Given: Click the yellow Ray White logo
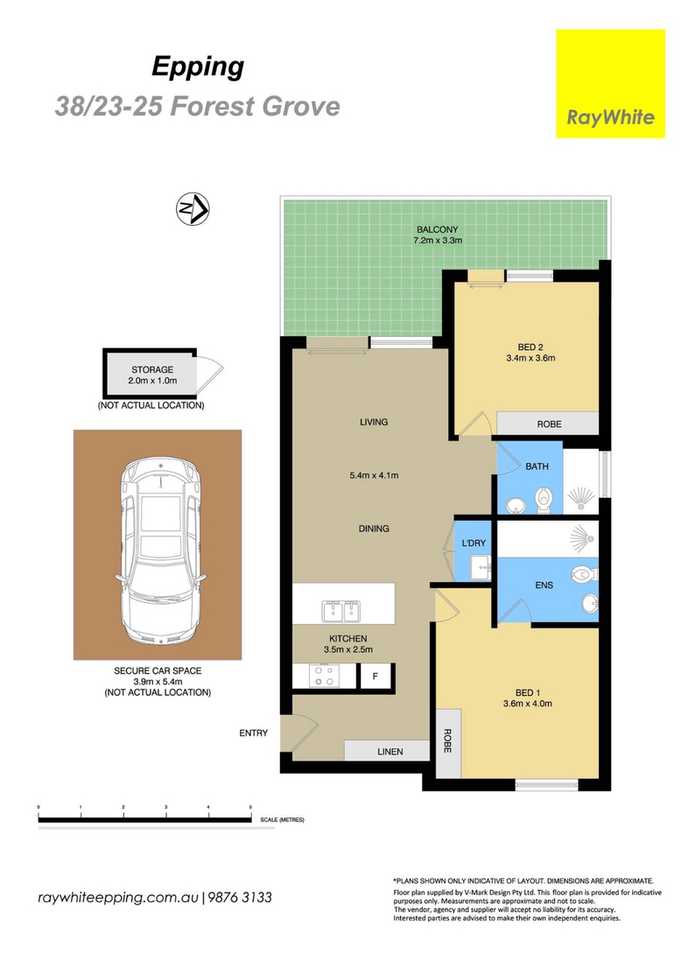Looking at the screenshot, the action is pyautogui.click(x=610, y=83).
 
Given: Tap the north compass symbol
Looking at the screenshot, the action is pyautogui.click(x=193, y=209).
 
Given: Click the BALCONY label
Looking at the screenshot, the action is pyautogui.click(x=437, y=229).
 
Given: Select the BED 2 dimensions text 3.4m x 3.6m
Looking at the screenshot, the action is pyautogui.click(x=530, y=358).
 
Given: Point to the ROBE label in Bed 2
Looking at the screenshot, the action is pyautogui.click(x=549, y=424).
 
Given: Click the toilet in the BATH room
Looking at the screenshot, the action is pyautogui.click(x=544, y=500).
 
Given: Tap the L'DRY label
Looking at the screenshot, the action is pyautogui.click(x=474, y=543).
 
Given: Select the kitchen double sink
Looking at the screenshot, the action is pyautogui.click(x=341, y=611).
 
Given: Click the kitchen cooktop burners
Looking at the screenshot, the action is pyautogui.click(x=324, y=676).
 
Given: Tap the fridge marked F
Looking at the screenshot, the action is pyautogui.click(x=376, y=676).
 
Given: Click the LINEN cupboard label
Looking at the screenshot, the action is pyautogui.click(x=390, y=752).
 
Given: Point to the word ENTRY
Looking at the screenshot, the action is pyautogui.click(x=254, y=732).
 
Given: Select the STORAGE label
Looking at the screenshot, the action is pyautogui.click(x=152, y=370).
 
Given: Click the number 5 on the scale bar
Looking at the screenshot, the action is pyautogui.click(x=250, y=807).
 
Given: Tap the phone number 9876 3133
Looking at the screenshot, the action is pyautogui.click(x=240, y=897).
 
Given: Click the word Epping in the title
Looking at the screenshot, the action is pyautogui.click(x=198, y=67).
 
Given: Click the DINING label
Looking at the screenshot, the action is pyautogui.click(x=374, y=529).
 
